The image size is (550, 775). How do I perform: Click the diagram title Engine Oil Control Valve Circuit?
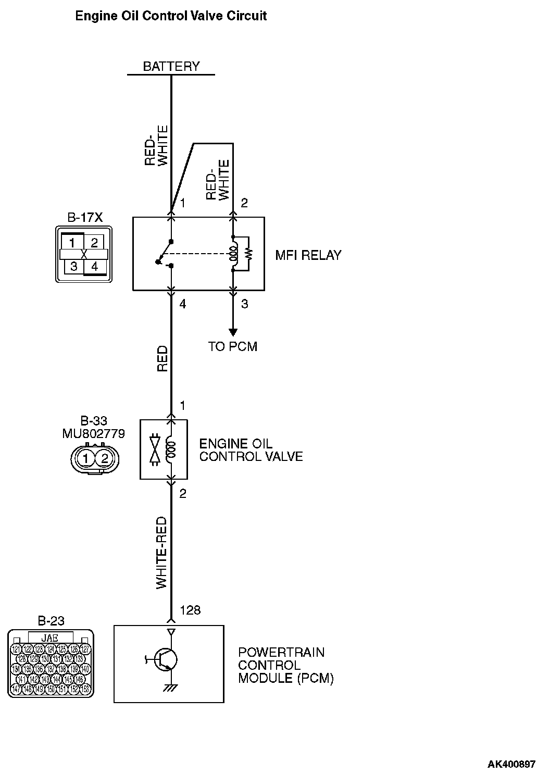(x=171, y=16)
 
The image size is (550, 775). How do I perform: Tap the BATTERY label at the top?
(x=171, y=67)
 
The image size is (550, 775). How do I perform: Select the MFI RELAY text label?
(x=308, y=255)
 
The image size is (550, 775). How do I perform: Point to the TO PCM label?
(x=232, y=346)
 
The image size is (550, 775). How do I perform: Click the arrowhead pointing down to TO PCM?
(x=233, y=332)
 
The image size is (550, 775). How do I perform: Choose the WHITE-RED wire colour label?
(x=162, y=553)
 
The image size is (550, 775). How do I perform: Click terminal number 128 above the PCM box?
(x=190, y=610)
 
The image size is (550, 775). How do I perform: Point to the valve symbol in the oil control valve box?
(x=155, y=447)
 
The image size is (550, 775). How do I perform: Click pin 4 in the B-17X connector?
(x=94, y=267)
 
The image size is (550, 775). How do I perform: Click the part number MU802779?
(x=94, y=433)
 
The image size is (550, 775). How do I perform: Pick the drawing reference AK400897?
(x=511, y=765)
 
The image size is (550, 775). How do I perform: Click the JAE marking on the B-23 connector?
(x=51, y=637)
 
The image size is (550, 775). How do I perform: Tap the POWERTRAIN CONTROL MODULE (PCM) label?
(x=285, y=665)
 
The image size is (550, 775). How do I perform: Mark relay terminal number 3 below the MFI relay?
(x=245, y=304)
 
